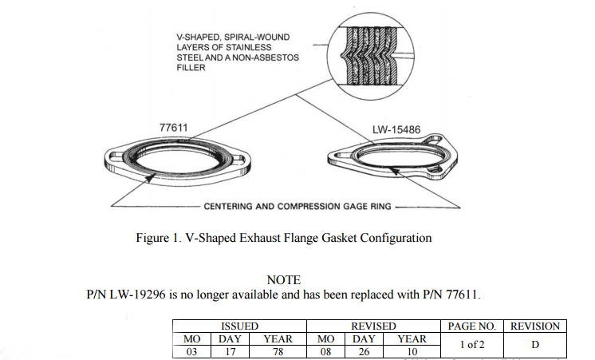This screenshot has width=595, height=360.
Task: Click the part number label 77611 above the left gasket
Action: point(173,128)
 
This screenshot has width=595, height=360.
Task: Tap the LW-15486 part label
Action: point(396,130)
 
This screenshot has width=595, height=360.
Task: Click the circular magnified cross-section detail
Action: point(370,56)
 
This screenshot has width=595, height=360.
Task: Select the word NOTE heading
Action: point(283,280)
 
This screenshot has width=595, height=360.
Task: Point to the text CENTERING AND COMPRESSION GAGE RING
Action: point(297,207)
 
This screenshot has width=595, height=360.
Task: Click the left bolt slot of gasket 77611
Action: point(117,156)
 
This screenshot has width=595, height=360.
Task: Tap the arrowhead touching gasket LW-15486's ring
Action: point(395,172)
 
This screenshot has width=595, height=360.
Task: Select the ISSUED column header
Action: point(239,326)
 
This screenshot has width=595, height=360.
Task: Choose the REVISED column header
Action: point(373,326)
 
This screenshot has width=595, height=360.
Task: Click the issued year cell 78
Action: point(278,352)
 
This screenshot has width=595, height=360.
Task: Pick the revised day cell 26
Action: point(364,352)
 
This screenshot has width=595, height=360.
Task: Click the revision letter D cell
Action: point(535,345)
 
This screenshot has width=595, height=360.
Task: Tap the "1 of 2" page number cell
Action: point(472,345)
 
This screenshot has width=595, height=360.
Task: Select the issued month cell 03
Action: point(191,352)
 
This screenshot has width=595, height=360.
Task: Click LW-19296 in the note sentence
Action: point(137,295)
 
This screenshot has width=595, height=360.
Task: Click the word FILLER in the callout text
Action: point(191,68)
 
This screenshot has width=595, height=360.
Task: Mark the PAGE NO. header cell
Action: point(472,326)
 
